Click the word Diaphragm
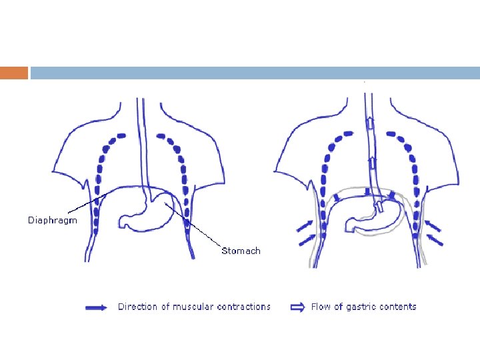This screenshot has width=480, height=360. pos(52,220)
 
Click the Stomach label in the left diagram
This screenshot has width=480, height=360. pos(241,251)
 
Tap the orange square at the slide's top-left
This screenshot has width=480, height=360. pos(14,73)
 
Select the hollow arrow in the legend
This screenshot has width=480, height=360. pos(297,307)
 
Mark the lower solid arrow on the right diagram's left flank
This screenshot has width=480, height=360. pos(307,237)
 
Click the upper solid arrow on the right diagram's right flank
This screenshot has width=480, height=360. pos(433,225)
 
